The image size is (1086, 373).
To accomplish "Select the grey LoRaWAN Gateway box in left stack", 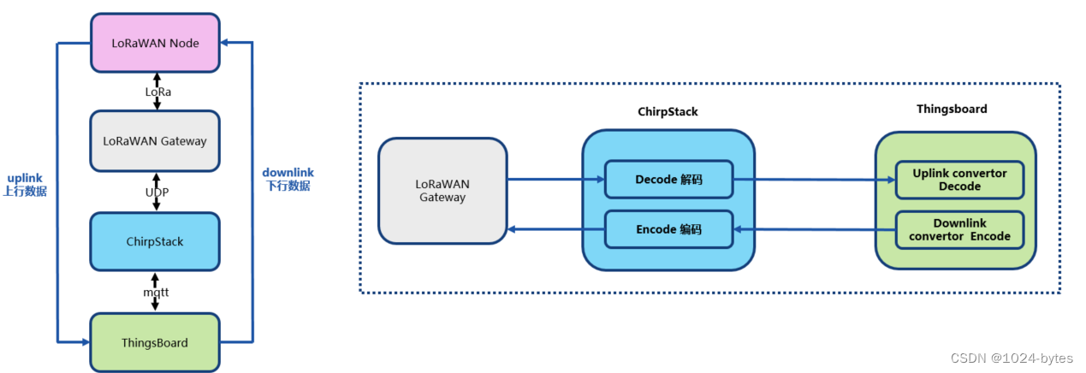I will [x=155, y=140].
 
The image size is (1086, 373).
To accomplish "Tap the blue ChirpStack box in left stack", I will [x=155, y=241].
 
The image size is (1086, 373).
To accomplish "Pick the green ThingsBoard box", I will [x=155, y=342].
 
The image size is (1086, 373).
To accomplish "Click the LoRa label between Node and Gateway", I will [x=156, y=91].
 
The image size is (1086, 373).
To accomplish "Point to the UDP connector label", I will [x=156, y=192].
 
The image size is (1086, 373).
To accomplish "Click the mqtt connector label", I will [x=156, y=292].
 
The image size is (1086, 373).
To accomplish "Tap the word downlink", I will [x=288, y=172].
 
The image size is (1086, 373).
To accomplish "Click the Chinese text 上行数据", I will [x=24, y=192].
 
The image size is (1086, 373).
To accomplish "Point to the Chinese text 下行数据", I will [x=288, y=186].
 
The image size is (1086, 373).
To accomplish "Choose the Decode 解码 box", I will [x=668, y=180].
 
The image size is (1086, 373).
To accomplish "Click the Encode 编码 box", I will [x=668, y=229].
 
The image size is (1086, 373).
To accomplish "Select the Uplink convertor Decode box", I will [x=959, y=180].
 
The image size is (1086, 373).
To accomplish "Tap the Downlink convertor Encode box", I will [x=959, y=229].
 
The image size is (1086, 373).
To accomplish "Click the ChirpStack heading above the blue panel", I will [x=668, y=111].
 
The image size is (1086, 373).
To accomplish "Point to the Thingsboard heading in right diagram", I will [x=952, y=109].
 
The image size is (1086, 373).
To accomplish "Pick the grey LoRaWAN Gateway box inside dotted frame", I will [x=442, y=191].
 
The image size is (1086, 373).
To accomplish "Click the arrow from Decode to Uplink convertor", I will [x=813, y=180].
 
